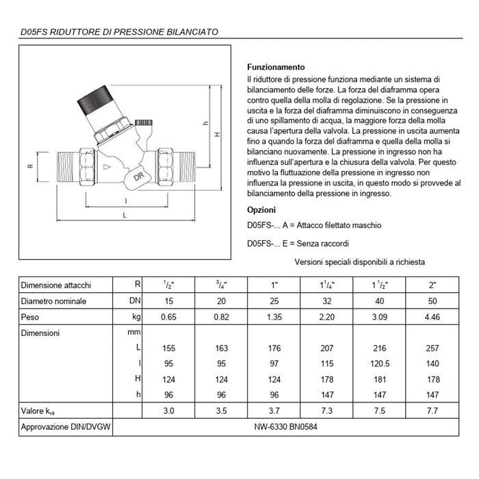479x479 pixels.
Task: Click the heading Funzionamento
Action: [275, 67]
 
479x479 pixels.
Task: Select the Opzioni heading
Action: [261, 209]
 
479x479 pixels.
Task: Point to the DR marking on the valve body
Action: [138, 176]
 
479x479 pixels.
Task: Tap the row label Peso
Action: [31, 317]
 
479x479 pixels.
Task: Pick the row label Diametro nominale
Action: [54, 301]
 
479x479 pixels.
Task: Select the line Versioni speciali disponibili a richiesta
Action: [360, 261]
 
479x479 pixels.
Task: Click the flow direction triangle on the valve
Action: [106, 166]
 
